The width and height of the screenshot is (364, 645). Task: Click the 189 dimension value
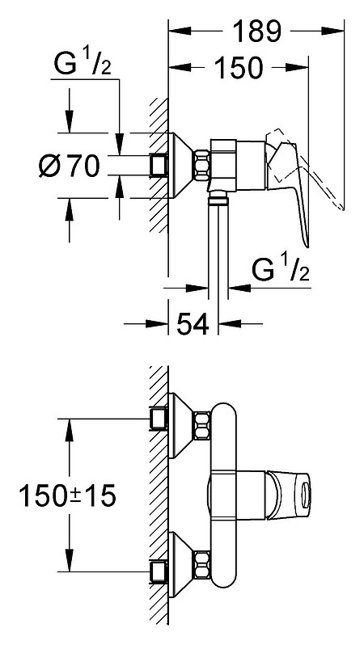(x=256, y=31)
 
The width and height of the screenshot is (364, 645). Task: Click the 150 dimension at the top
(x=238, y=67)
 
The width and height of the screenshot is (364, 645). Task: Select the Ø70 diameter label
(x=70, y=166)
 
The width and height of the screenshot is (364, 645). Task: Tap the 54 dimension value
(x=193, y=324)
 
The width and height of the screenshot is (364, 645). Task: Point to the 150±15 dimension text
(x=67, y=495)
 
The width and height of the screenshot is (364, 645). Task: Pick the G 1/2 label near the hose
(x=281, y=268)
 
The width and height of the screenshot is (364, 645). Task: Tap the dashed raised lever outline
(x=305, y=169)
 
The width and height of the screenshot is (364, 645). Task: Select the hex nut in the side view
(x=202, y=166)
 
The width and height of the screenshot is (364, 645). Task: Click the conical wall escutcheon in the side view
(x=180, y=166)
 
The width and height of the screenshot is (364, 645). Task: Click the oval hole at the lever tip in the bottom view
(x=305, y=495)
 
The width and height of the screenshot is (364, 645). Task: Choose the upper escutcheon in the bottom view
(x=181, y=425)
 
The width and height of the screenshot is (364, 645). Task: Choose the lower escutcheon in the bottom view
(x=181, y=564)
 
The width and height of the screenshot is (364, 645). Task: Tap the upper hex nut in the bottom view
(x=202, y=425)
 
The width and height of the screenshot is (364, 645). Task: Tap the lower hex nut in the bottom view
(x=202, y=564)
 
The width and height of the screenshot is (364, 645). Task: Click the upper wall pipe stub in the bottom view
(x=159, y=419)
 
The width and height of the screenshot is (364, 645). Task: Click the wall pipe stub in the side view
(x=159, y=166)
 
